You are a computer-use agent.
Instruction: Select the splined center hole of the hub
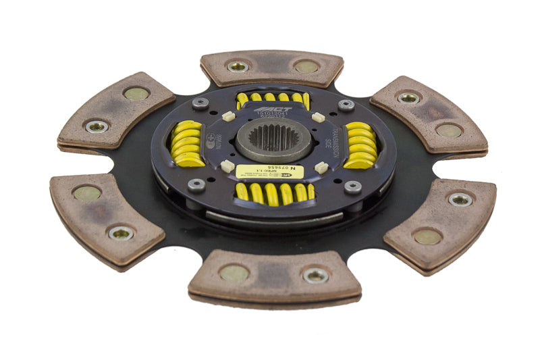click(273, 138)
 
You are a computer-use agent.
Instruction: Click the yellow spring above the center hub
click(273, 99)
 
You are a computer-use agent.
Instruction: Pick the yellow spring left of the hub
click(188, 143)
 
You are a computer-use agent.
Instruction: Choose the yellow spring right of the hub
click(359, 145)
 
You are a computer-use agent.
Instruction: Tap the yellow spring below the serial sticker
click(275, 194)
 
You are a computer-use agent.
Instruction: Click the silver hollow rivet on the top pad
click(238, 66)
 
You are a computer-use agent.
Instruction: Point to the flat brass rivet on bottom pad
click(234, 273)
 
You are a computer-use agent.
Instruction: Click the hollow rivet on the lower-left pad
click(120, 233)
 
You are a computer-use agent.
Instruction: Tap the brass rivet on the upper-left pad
click(136, 94)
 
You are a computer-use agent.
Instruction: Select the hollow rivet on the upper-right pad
click(408, 97)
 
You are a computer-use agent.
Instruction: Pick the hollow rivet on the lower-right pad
click(460, 199)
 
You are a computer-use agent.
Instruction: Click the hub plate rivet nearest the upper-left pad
click(199, 103)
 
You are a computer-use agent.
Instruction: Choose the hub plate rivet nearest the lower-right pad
click(352, 187)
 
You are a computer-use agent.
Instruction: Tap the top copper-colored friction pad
click(271, 68)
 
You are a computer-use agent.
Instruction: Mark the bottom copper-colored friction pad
click(274, 277)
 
